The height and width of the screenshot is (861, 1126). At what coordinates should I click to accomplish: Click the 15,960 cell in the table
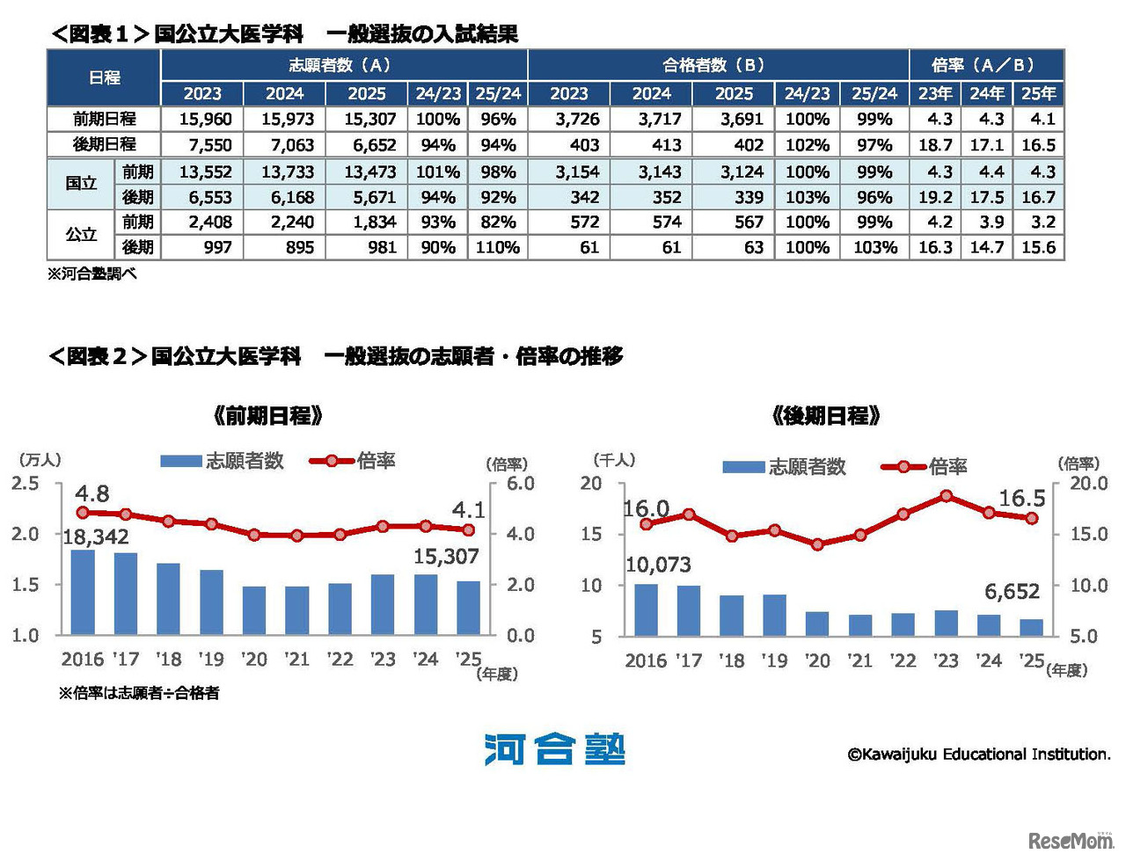(206, 119)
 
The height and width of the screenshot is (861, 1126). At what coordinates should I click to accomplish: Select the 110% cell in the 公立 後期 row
(498, 248)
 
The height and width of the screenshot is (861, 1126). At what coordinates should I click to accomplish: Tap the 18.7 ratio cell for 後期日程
(935, 145)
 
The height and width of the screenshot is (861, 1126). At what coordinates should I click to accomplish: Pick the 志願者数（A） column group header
(344, 65)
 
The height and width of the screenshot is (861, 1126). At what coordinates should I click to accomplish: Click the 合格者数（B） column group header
(718, 65)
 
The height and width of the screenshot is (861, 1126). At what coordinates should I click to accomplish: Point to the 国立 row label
(81, 184)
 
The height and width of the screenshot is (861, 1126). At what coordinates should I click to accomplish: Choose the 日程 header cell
(104, 77)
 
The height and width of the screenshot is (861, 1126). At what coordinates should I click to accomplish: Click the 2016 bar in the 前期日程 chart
(83, 592)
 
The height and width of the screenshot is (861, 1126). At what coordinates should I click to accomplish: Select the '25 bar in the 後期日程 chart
(1031, 626)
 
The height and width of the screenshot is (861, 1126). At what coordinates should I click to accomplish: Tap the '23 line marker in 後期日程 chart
(946, 496)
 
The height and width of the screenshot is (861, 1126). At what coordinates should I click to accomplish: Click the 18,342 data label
(96, 536)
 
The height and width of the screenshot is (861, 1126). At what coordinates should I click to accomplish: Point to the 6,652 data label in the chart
(1012, 592)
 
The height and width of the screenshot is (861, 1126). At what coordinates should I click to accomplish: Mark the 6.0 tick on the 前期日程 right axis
(520, 483)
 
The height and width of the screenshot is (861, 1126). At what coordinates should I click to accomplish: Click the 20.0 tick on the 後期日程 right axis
(1088, 483)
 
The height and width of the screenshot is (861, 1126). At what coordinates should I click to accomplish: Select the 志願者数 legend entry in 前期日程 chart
(223, 461)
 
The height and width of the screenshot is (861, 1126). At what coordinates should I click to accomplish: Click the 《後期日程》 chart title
(825, 415)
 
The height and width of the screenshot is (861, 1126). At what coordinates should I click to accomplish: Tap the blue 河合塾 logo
(554, 750)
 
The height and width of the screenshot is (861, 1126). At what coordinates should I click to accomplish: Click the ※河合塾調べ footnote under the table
(92, 274)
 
